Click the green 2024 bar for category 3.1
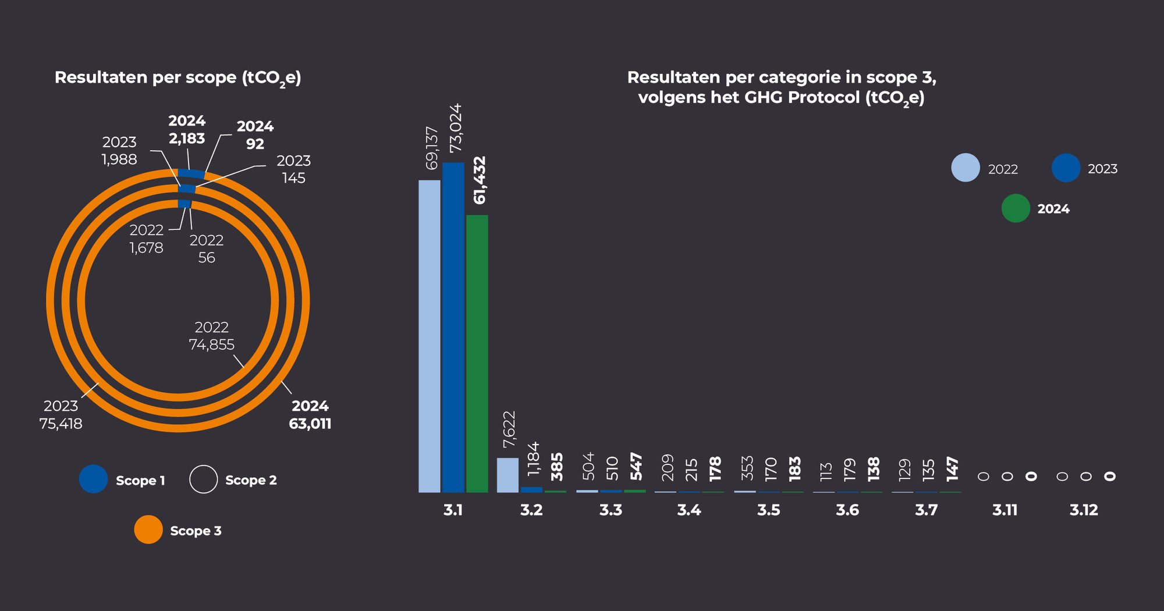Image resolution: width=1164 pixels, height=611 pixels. click(x=477, y=353)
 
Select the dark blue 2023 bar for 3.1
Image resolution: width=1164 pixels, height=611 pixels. click(x=453, y=327)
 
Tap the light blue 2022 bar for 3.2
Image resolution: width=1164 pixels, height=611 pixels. click(x=508, y=475)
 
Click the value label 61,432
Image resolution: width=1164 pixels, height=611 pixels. click(x=480, y=180)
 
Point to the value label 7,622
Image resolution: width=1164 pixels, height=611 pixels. click(x=509, y=429)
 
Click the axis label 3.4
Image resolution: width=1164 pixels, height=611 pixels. click(x=689, y=510)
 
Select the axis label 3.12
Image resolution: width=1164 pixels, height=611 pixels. click(x=1084, y=510)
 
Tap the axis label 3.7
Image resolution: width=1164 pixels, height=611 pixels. click(x=926, y=510)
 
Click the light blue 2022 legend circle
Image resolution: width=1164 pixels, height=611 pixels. click(x=966, y=168)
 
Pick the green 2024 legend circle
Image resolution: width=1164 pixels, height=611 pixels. click(x=1016, y=208)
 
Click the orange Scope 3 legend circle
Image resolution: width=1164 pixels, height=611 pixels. click(x=148, y=530)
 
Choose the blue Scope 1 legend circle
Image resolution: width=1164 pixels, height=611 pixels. click(x=94, y=479)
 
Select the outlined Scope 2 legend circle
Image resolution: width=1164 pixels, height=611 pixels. click(x=203, y=479)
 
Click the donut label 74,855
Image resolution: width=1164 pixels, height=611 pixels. click(x=212, y=345)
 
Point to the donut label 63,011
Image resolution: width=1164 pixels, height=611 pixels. click(x=310, y=424)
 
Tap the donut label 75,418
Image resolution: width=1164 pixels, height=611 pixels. click(x=61, y=424)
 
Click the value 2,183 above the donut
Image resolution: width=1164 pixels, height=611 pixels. click(x=187, y=138)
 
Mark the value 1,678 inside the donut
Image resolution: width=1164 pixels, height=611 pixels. click(x=146, y=248)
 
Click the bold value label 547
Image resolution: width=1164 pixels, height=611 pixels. click(x=636, y=467)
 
